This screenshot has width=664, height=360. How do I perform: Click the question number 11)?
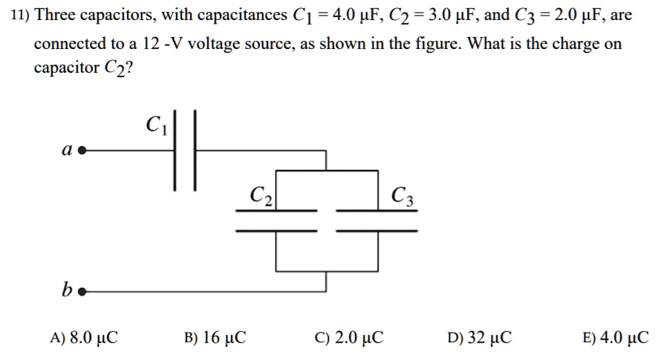20,15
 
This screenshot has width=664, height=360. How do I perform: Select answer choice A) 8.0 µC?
83,338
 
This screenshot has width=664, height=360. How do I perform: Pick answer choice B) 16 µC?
215,338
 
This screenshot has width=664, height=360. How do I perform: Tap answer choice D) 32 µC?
480,338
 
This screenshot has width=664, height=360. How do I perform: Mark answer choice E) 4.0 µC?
616,338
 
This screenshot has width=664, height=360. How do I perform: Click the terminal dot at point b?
82,292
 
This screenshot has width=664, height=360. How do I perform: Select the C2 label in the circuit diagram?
261,196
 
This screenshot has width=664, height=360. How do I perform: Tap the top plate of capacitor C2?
276,211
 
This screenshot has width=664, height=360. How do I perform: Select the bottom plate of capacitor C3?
377,230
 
